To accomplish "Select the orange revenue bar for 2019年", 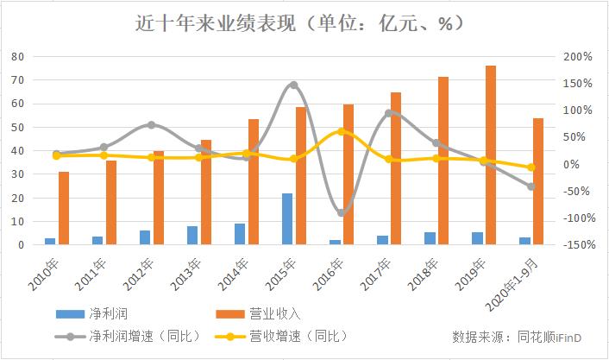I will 490,155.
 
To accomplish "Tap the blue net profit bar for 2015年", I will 287,218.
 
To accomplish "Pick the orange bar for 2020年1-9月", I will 537,181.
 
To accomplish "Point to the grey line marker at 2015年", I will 293,85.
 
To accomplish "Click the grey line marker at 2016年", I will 342,212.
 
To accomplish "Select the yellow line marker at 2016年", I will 342,132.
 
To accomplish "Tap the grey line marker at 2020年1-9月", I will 531,186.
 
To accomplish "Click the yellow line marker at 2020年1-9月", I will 531,167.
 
